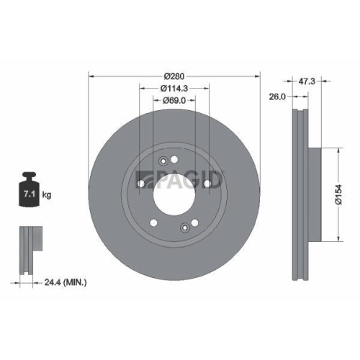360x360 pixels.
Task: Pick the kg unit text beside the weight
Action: pos(47,195)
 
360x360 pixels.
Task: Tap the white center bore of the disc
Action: pos(174,194)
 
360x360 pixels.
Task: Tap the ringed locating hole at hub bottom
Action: pos(185,229)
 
